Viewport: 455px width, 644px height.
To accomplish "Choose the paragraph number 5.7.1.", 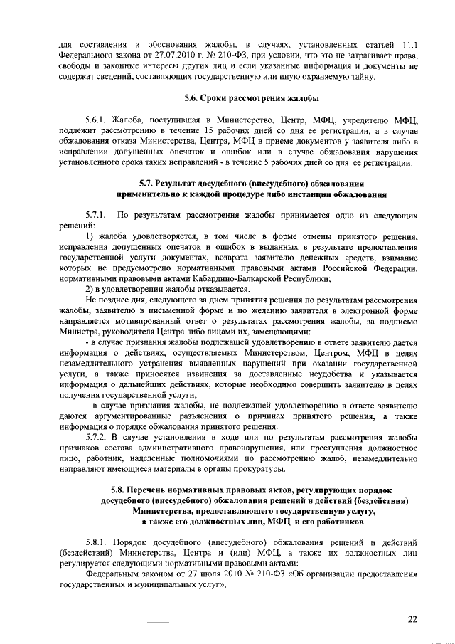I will click(96, 216).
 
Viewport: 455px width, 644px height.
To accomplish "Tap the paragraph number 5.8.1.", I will click(97, 543).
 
